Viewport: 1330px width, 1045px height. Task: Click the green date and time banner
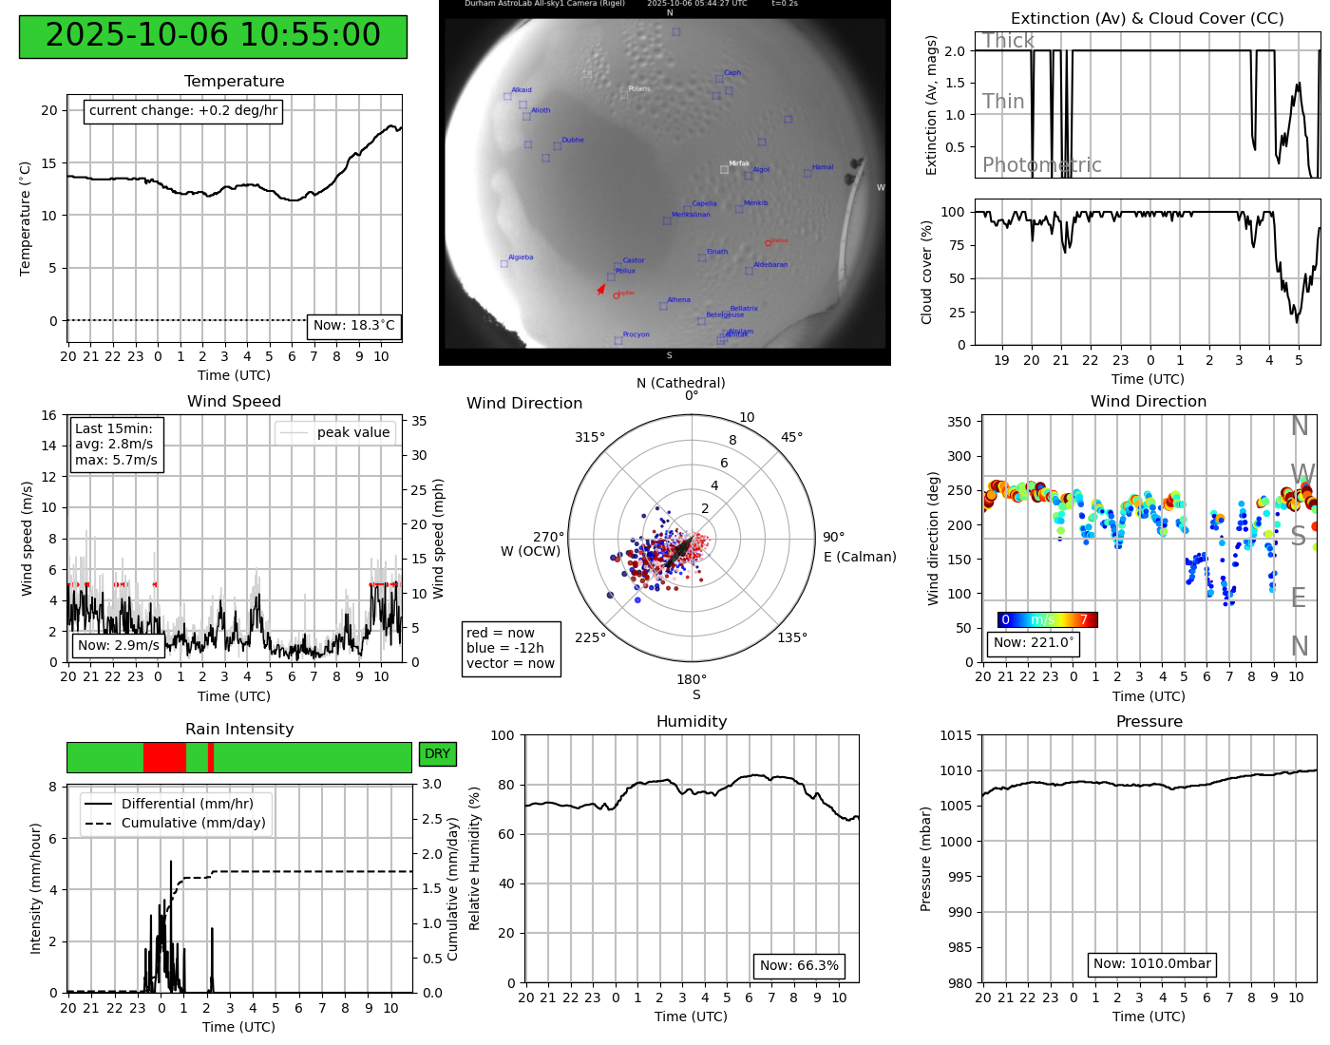[213, 36]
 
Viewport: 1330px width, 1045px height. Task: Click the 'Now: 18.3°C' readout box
[353, 326]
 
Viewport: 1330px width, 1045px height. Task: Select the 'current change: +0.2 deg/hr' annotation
[183, 111]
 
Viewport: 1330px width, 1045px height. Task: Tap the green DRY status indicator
[437, 754]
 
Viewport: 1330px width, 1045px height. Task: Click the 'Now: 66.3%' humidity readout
[799, 966]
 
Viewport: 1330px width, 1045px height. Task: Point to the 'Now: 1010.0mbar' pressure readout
[1151, 964]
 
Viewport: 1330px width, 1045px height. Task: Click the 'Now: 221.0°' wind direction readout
[1033, 643]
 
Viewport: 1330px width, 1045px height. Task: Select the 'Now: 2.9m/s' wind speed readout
[119, 646]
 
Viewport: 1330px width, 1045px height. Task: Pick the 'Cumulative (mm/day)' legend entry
[193, 824]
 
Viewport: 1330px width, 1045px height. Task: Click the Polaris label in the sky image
[639, 89]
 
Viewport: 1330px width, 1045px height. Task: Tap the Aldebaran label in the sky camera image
[770, 265]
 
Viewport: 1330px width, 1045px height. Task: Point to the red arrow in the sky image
[601, 288]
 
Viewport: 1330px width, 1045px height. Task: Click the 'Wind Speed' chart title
[234, 402]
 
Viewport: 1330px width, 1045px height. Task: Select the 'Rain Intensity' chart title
[239, 730]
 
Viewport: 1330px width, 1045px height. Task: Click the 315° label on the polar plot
[590, 438]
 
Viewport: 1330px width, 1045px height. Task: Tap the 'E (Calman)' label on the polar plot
[860, 558]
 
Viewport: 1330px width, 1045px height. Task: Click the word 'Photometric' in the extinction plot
[1041, 165]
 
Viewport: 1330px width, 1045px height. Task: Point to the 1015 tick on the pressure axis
[956, 736]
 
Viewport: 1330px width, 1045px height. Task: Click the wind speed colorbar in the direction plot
[1047, 620]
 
